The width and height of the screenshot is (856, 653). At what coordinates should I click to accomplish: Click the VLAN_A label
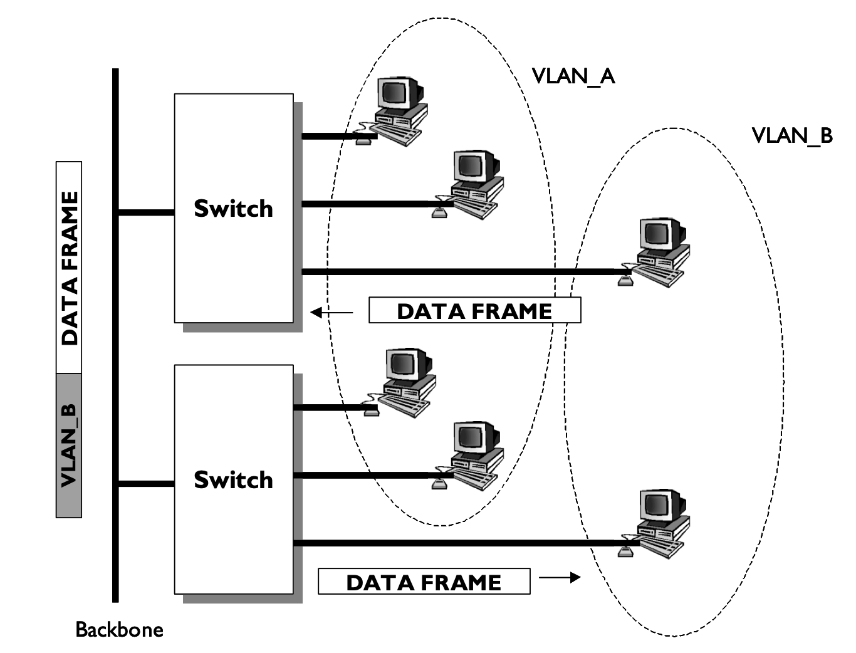click(x=573, y=76)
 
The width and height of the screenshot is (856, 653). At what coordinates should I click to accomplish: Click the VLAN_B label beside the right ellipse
click(x=791, y=135)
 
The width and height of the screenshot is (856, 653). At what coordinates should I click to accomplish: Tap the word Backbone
click(x=119, y=629)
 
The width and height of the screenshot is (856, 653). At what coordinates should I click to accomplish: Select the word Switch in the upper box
click(x=233, y=209)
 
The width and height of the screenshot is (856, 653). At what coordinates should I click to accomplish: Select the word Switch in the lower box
click(x=233, y=480)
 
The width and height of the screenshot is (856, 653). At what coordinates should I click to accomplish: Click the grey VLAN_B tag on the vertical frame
click(x=69, y=446)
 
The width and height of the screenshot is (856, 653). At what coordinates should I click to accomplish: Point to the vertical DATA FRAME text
click(x=69, y=268)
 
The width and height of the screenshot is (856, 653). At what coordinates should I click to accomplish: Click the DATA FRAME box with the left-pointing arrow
click(x=474, y=311)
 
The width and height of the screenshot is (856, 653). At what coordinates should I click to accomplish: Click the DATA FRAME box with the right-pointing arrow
click(x=424, y=582)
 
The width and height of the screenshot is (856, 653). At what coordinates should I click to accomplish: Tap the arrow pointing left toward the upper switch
click(x=331, y=312)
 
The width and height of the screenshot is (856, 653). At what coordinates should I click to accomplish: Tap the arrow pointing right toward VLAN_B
click(x=560, y=577)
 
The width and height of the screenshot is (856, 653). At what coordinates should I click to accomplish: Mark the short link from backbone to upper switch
click(x=146, y=212)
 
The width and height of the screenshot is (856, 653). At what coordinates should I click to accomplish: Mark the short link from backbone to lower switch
click(x=146, y=484)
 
